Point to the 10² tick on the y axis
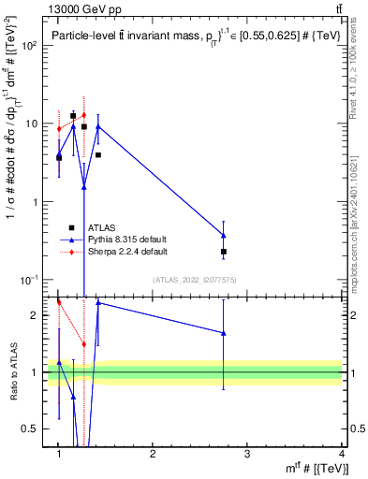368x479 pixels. pos(31,45)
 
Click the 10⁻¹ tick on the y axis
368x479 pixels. pos(30,280)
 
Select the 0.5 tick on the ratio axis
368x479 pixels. pos(33,428)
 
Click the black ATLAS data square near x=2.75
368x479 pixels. pos(224,252)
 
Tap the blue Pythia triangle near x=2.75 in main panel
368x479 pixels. pos(223,236)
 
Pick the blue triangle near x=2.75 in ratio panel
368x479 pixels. pos(223,332)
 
